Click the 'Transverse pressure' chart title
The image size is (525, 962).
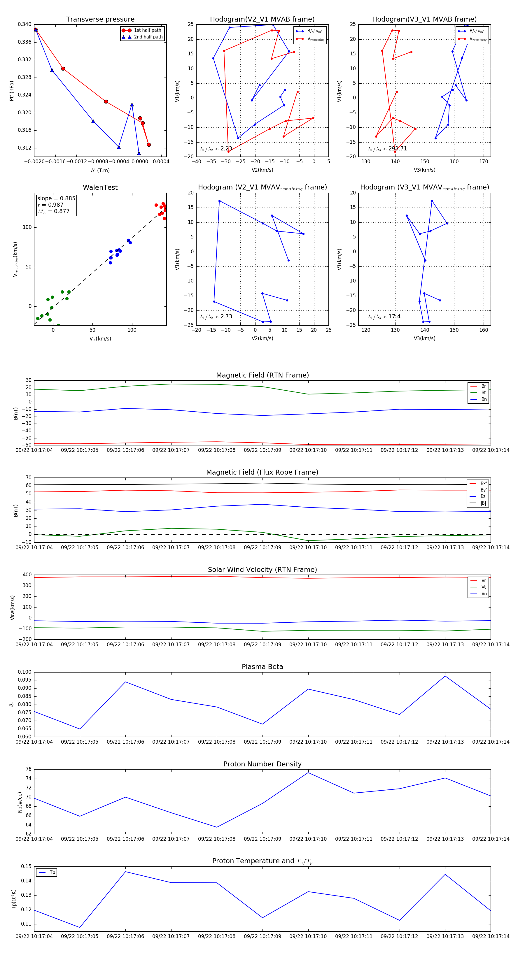(100, 20)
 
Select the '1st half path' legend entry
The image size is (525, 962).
(147, 30)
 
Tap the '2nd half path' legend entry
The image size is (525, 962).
(148, 37)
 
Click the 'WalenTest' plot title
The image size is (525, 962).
(100, 187)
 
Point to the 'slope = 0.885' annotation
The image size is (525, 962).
(56, 198)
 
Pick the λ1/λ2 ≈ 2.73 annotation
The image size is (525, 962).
(216, 317)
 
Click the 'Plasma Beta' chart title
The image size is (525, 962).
(262, 667)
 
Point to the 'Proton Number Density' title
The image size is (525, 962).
(262, 764)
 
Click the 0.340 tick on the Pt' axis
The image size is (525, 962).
(25, 24)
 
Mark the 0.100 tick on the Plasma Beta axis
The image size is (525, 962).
(25, 672)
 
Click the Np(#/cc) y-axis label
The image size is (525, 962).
(20, 802)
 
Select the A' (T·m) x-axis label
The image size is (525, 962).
(100, 170)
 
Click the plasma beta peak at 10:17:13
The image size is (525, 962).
(445, 676)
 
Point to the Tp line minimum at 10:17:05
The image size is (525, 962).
(80, 927)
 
